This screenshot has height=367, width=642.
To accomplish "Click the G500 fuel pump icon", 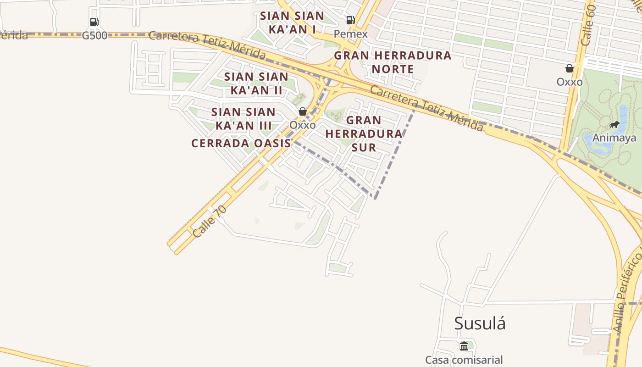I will point(94,22).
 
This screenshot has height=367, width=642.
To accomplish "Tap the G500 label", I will point(94,35).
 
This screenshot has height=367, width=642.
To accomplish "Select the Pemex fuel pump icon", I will point(350,20).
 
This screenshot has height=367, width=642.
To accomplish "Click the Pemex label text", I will point(350,34).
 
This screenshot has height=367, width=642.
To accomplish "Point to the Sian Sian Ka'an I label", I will point(292,22).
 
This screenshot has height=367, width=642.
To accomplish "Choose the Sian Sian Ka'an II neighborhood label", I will point(256,83).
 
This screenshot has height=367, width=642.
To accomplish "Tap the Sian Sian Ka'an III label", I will point(244,118).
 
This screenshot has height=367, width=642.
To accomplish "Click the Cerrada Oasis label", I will point(241,143).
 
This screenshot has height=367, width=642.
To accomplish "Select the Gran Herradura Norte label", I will point(393,62).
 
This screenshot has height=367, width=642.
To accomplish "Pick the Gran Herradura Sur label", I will point(364,133).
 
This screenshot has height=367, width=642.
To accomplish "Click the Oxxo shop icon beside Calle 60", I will point(570,68).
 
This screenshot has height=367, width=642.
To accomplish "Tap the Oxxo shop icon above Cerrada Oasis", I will point(302,111).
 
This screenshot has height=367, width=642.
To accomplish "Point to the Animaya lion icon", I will point(614,125).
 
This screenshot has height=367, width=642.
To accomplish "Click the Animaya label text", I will point(614,138).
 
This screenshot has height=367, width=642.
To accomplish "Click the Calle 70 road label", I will point(210,221).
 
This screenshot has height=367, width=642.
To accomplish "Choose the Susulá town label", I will point(480,323).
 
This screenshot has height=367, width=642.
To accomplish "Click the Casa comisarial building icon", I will point(464,345).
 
